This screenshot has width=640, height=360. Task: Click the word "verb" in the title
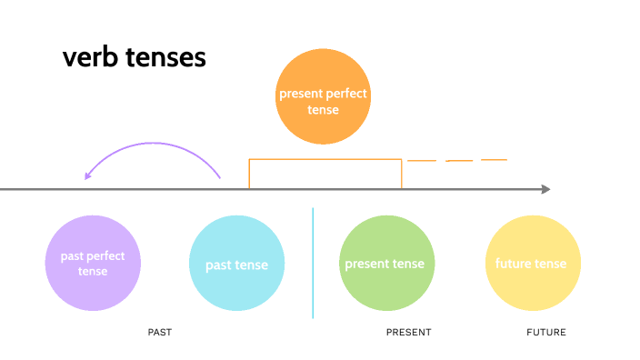[89, 57]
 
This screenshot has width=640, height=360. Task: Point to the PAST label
[160, 333]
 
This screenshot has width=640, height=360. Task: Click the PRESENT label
[408, 333]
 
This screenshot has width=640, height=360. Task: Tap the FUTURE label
[546, 333]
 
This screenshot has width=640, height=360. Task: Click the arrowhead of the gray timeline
[545, 189]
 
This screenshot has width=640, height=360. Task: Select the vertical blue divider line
[313, 264]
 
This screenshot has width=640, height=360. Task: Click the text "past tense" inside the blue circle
[236, 265]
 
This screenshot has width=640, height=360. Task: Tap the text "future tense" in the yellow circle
[531, 264]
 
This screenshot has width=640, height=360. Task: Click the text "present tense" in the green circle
[385, 264]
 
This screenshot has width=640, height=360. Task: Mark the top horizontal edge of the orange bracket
[325, 160]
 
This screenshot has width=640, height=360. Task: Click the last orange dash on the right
[494, 160]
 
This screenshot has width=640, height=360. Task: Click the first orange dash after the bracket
[422, 161]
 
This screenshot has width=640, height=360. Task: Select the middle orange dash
[459, 161]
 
